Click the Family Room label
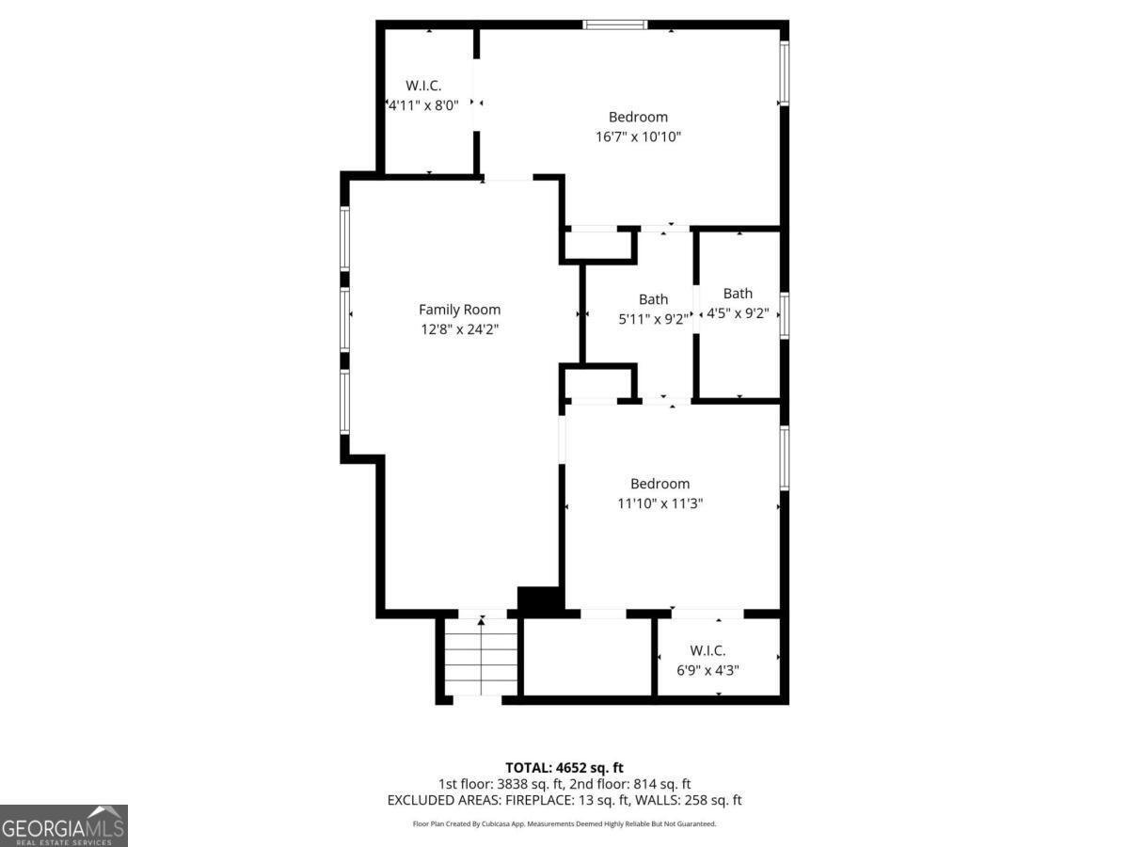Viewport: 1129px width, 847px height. click(x=459, y=309)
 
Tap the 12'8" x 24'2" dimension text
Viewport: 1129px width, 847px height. click(x=459, y=329)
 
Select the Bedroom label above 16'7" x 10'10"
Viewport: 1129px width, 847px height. click(x=638, y=117)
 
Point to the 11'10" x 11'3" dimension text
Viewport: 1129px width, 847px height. click(x=660, y=503)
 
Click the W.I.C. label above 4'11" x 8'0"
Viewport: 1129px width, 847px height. click(x=423, y=86)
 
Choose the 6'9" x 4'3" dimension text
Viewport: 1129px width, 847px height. click(x=708, y=670)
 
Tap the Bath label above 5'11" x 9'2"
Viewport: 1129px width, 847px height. click(x=653, y=299)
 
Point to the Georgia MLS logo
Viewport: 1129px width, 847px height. click(x=64, y=825)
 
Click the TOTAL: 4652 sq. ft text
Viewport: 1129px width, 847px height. click(x=564, y=768)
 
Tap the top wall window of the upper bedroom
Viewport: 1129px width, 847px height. click(x=615, y=24)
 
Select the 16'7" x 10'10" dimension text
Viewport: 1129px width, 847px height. click(x=638, y=136)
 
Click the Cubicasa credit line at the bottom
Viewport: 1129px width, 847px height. click(x=564, y=823)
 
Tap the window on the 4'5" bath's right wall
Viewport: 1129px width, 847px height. click(x=784, y=314)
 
